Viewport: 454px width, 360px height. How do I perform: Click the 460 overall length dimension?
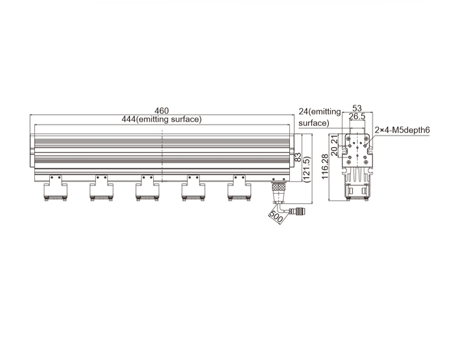[x=161, y=111]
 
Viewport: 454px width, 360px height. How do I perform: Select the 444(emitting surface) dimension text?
[x=161, y=119]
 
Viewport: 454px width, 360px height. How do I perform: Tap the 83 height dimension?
[x=297, y=157]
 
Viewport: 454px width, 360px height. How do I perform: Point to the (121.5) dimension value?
[x=307, y=169]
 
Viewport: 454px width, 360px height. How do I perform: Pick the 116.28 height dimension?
[x=325, y=167]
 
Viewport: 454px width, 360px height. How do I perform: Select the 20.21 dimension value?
[x=334, y=146]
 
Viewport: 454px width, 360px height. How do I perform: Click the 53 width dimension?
[x=357, y=108]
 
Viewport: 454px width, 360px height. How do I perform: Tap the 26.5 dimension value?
[x=357, y=116]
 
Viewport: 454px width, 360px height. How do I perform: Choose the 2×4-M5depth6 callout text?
[x=402, y=130]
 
